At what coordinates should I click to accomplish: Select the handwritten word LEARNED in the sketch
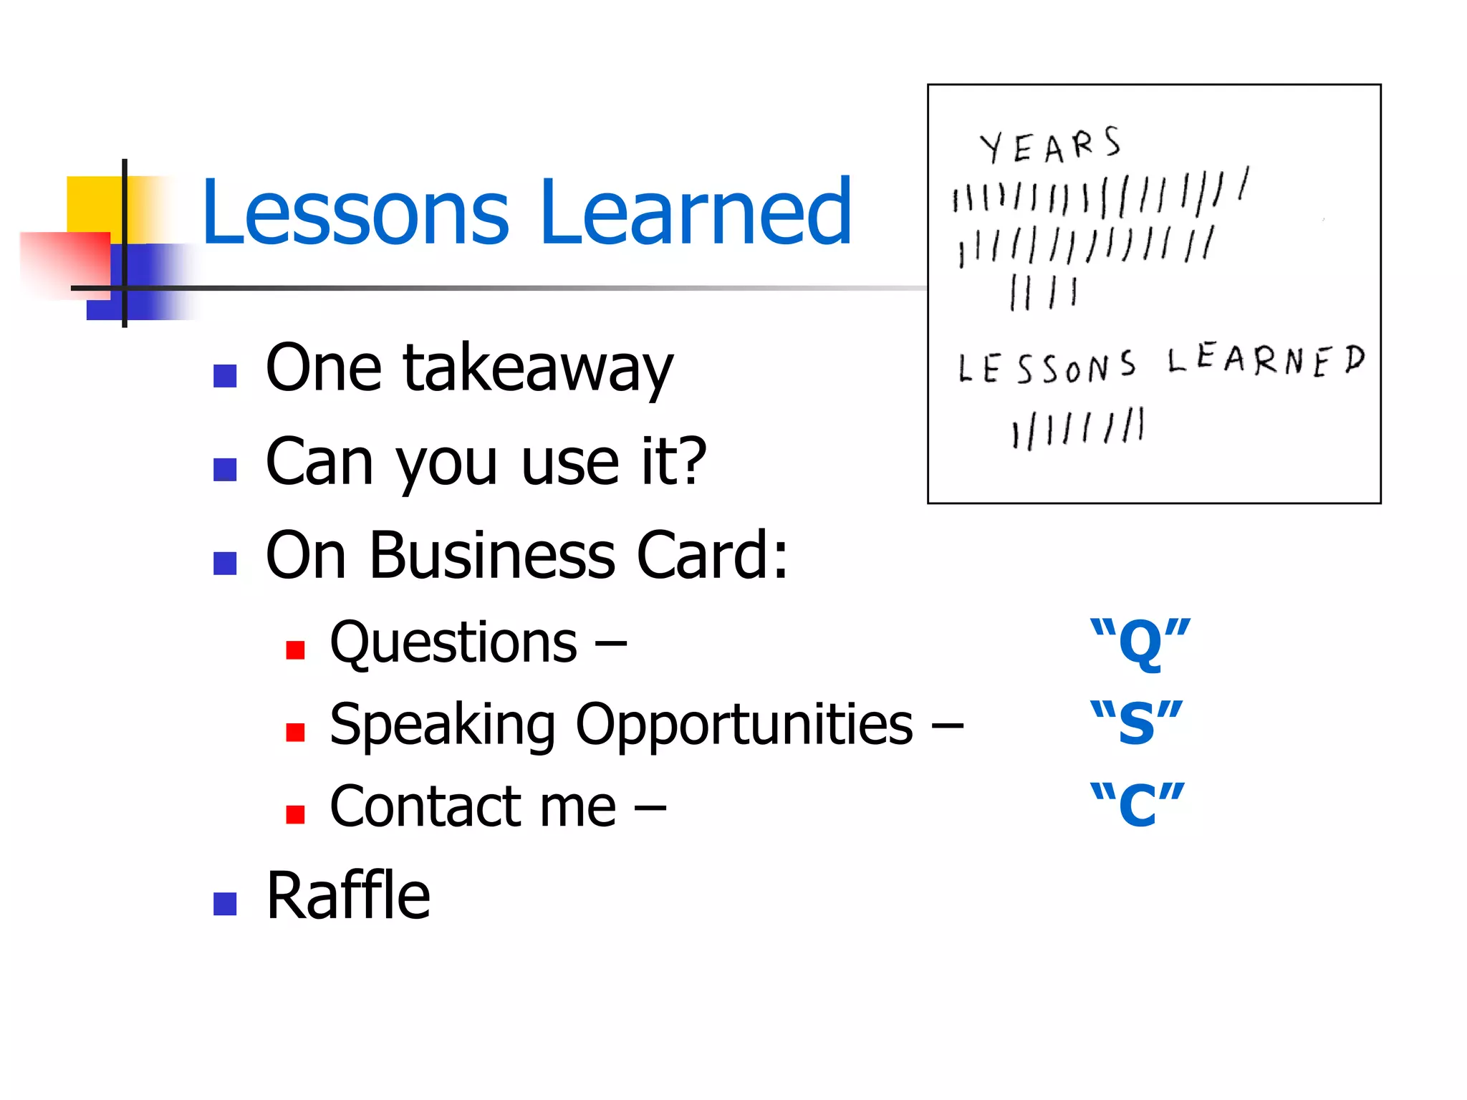[x=1266, y=360]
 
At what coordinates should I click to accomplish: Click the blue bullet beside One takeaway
[x=225, y=376]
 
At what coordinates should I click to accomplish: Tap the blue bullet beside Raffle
[x=225, y=904]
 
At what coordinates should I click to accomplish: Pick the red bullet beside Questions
[x=295, y=650]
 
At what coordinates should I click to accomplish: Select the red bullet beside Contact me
[x=295, y=814]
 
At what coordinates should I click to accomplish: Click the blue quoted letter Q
[x=1140, y=643]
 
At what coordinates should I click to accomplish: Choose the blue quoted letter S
[x=1136, y=723]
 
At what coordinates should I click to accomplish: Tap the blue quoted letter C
[x=1137, y=805]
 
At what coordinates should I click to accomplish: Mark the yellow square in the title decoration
[x=93, y=204]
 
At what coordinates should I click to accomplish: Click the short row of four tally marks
[x=1043, y=293]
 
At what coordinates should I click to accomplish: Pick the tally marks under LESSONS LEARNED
[x=1078, y=429]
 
